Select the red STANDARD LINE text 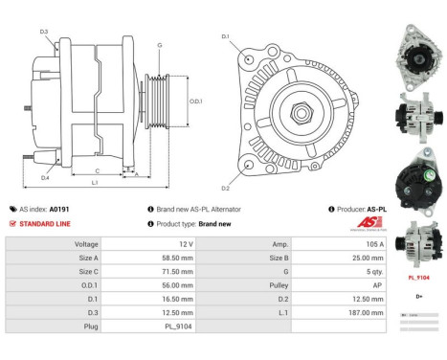pyautogui.click(x=44, y=223)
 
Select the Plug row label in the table pyautogui.click(x=92, y=325)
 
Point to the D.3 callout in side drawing pyautogui.click(x=44, y=32)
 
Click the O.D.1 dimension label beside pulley pyautogui.click(x=194, y=101)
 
